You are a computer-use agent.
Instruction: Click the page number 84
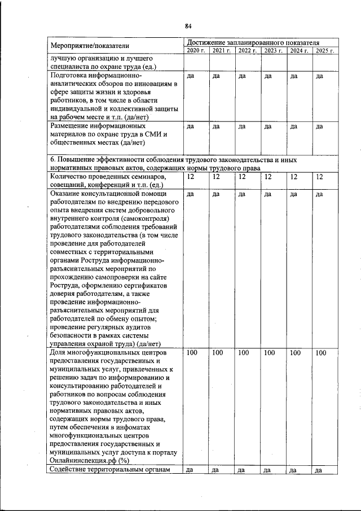[x=188, y=25]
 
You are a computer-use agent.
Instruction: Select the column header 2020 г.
[x=196, y=51]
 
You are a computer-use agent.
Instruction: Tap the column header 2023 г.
[x=273, y=51]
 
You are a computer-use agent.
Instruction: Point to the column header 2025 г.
[x=325, y=51]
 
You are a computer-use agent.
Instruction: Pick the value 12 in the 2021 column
[x=217, y=177]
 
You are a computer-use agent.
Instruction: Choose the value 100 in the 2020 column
[x=192, y=353]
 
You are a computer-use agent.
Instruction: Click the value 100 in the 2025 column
[x=321, y=353]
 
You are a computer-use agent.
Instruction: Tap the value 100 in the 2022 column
[x=244, y=353]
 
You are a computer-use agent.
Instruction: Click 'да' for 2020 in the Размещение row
[x=190, y=126]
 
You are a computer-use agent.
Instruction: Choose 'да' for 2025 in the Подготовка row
[x=319, y=76]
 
